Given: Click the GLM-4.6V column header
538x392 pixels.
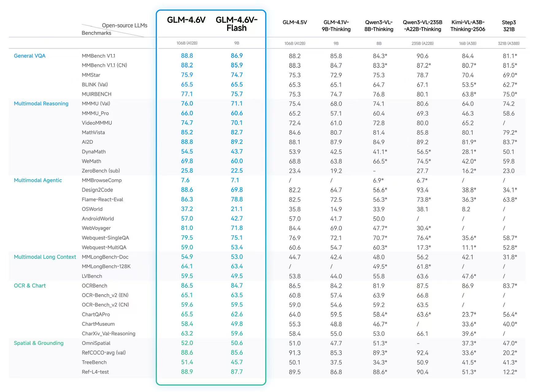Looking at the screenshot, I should [186, 20].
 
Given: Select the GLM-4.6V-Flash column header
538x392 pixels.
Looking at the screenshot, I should [236, 24].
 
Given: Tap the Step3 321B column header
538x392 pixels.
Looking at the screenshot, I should [509, 26].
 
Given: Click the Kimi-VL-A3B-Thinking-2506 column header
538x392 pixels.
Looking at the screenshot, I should [467, 26].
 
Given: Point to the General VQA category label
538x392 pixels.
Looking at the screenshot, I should [29, 56].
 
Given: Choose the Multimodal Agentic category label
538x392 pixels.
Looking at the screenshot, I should [38, 180].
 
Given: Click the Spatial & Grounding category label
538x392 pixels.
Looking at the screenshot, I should [39, 343].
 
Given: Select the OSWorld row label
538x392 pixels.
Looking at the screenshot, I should [92, 209].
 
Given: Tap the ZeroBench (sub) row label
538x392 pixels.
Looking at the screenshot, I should [101, 171].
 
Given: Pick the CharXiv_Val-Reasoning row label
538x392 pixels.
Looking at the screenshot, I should [108, 334].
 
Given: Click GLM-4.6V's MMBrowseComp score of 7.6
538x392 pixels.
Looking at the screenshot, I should [185, 180].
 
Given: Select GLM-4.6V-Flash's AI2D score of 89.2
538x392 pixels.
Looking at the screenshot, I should [236, 142].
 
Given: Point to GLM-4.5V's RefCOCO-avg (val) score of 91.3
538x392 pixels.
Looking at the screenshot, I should [294, 353].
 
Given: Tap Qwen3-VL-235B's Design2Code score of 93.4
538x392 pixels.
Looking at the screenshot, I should [422, 190].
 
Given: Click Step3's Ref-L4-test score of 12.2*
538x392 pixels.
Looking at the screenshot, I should [510, 372].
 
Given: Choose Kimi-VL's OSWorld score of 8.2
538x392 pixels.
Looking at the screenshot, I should [466, 209].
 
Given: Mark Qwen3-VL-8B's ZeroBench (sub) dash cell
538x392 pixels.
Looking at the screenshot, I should [375, 171].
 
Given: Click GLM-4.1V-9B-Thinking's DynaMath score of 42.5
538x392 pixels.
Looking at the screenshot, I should [336, 152].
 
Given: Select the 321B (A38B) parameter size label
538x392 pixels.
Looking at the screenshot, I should [509, 43].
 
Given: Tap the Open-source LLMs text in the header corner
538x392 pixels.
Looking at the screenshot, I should [125, 25].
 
